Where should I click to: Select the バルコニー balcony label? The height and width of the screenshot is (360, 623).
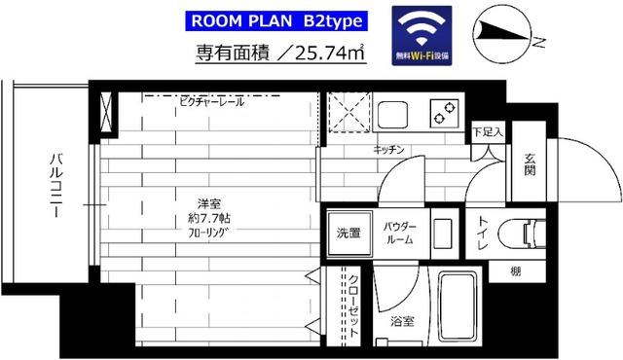(57, 185)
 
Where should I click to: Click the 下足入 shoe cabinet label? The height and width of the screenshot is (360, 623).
(487, 130)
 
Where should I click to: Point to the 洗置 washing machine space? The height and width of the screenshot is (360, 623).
(348, 233)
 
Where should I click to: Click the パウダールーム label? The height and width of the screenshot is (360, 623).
(398, 232)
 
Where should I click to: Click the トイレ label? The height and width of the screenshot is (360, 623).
(483, 234)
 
